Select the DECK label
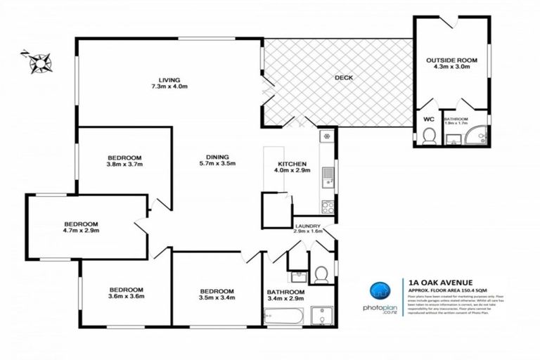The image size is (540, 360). pyautogui.click(x=344, y=78)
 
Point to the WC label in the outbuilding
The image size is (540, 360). pyautogui.click(x=428, y=120)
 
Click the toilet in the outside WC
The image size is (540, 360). pyautogui.click(x=428, y=136)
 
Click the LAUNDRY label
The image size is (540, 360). pyautogui.click(x=307, y=226)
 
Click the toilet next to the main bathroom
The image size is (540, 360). pyautogui.click(x=321, y=272)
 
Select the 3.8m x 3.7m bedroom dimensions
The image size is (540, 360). pyautogui.click(x=125, y=165)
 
